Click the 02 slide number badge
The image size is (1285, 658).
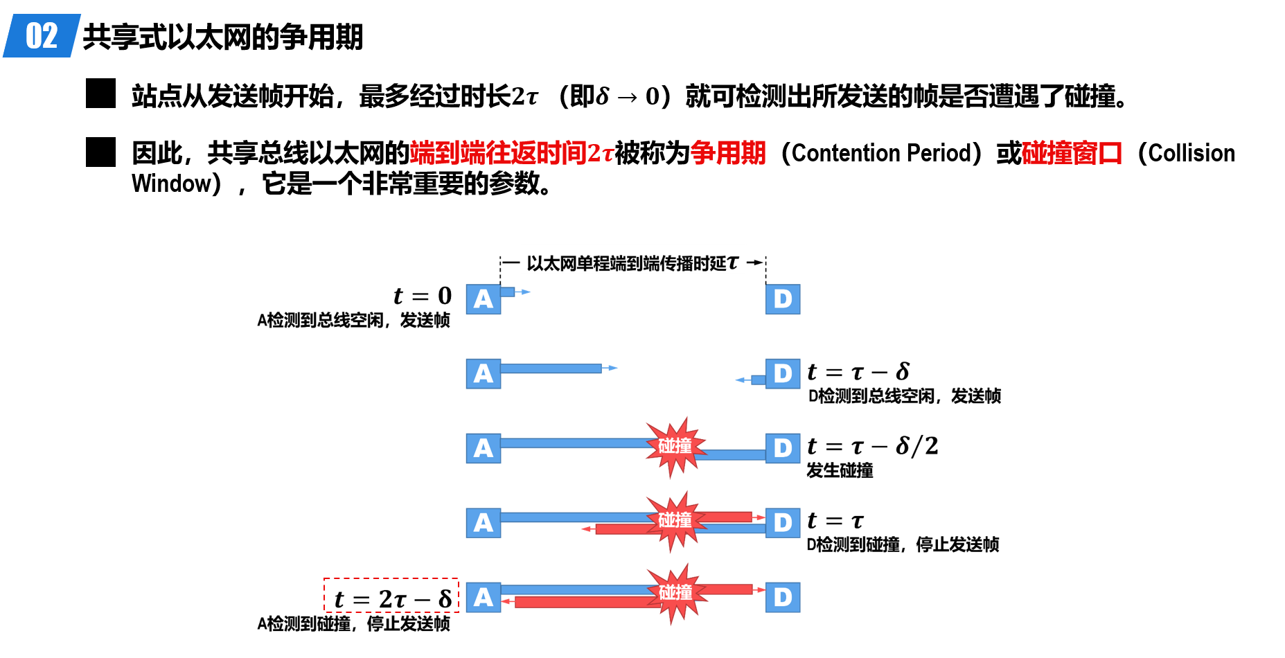(42, 35)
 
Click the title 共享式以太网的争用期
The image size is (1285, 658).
(222, 37)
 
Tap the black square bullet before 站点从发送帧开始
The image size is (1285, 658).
(100, 94)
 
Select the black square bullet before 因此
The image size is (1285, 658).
(100, 152)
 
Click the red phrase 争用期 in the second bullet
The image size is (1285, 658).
(728, 153)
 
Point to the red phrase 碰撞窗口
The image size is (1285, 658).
(1072, 153)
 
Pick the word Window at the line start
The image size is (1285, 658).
(172, 184)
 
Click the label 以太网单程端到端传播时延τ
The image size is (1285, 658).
(633, 263)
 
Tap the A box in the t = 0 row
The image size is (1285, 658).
(484, 299)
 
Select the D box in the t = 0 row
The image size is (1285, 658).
(783, 299)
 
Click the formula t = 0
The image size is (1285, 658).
(423, 296)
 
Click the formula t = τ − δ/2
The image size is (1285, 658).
(873, 446)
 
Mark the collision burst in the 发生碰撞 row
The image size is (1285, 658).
(675, 447)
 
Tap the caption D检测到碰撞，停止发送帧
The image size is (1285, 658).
(903, 544)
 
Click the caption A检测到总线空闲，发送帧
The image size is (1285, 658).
(353, 320)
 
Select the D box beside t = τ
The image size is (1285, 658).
(783, 523)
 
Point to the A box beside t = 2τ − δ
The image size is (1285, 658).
(484, 597)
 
